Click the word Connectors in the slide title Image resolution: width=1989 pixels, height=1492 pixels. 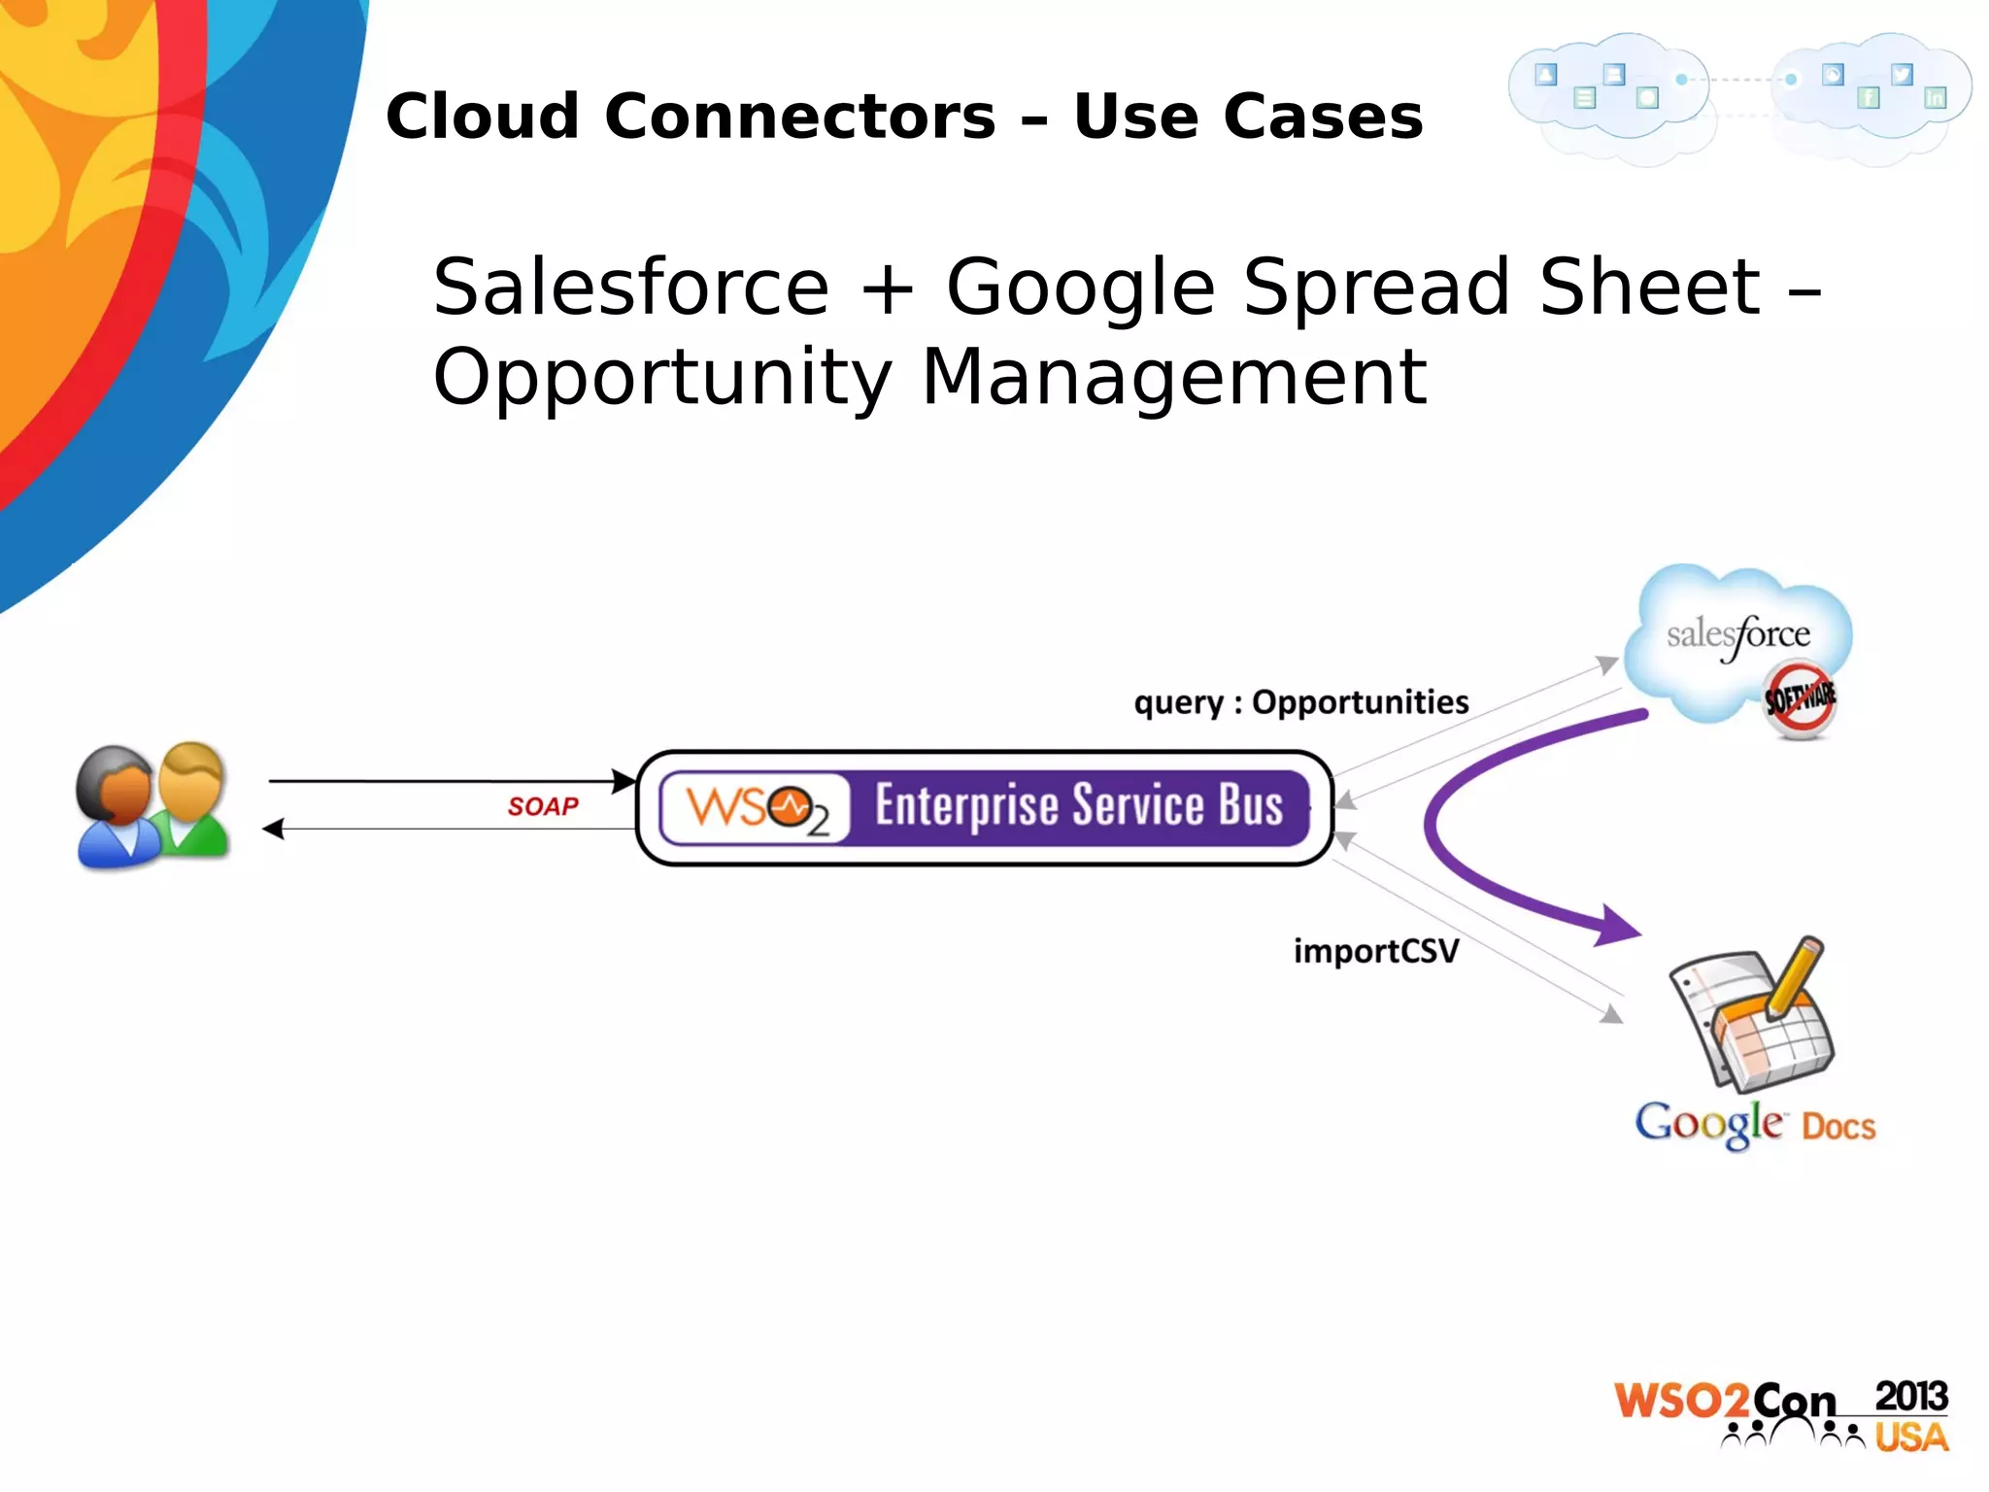click(800, 117)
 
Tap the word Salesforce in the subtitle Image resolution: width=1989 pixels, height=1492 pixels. click(630, 288)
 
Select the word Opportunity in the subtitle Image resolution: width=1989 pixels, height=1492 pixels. click(661, 378)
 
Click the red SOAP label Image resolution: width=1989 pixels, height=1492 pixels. click(543, 806)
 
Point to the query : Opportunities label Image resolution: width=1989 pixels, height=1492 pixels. click(1300, 701)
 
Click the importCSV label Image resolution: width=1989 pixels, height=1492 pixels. click(1375, 950)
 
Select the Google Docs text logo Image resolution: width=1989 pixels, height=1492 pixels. click(1754, 1124)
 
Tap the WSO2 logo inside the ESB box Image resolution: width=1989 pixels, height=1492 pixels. click(756, 808)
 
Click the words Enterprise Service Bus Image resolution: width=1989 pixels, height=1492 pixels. click(1078, 806)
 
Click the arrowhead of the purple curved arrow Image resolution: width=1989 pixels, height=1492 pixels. click(1617, 926)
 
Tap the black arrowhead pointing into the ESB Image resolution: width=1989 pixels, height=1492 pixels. click(624, 780)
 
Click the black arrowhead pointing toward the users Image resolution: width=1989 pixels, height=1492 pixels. click(274, 829)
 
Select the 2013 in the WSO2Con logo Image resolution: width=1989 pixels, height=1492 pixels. click(1910, 1396)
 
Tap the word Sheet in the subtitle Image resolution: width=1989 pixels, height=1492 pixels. click(1648, 288)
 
